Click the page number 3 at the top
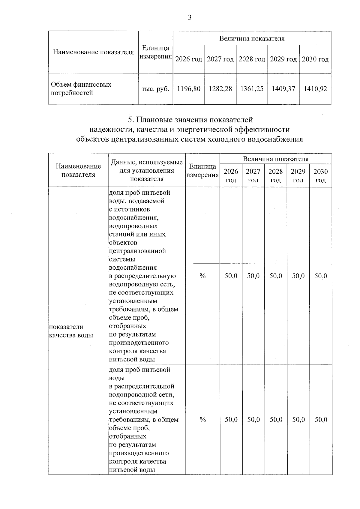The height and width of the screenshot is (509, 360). (189, 18)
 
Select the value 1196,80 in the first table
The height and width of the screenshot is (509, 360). (189, 89)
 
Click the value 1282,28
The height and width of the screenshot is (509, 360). (220, 89)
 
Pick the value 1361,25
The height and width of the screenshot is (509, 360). (252, 89)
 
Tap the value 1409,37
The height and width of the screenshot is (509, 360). (283, 89)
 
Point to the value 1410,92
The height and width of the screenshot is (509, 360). (315, 89)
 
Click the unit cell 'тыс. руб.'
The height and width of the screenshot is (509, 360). (155, 89)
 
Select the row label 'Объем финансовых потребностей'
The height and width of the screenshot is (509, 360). (81, 88)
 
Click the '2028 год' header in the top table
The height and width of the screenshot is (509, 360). (252, 59)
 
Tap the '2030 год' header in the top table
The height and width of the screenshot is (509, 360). (315, 59)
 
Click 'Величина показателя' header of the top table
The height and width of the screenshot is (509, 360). (252, 38)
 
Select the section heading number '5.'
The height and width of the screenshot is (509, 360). (131, 120)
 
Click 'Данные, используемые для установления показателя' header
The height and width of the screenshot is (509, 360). (147, 171)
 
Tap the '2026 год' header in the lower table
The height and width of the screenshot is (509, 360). (231, 175)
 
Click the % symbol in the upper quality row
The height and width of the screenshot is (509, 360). (202, 276)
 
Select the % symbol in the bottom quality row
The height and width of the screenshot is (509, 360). (202, 420)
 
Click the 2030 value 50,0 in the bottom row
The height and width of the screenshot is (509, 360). (321, 420)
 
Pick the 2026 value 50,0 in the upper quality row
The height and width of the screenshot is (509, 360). (231, 276)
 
